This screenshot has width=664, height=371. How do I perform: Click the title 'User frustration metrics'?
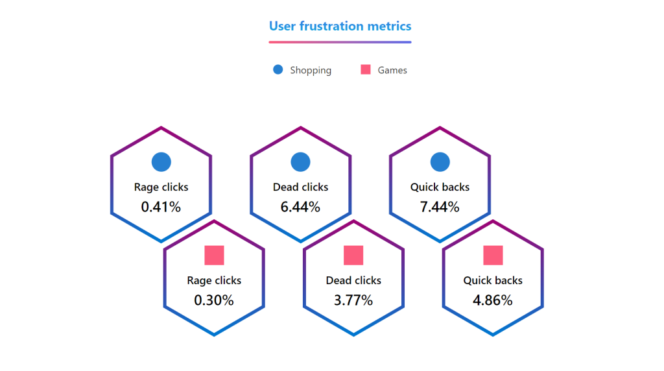click(x=340, y=26)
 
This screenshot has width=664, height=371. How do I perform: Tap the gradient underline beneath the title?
click(x=340, y=42)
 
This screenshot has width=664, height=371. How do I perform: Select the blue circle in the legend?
click(x=278, y=69)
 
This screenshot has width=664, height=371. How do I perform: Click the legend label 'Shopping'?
click(x=311, y=70)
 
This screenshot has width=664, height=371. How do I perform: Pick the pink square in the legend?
click(x=366, y=69)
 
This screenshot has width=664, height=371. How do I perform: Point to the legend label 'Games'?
click(x=392, y=70)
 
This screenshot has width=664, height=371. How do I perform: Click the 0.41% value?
click(x=161, y=207)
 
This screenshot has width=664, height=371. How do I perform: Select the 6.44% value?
click(x=300, y=207)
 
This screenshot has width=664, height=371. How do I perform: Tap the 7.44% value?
click(x=440, y=207)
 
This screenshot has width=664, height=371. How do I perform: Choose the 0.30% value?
click(x=214, y=300)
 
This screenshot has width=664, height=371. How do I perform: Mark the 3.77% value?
click(x=353, y=300)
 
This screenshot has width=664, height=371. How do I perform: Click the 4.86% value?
click(x=493, y=300)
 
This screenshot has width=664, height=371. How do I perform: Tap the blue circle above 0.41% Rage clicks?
click(x=161, y=162)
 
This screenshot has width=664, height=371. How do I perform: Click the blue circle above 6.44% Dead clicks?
click(x=301, y=162)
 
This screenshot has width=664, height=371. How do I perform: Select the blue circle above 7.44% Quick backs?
click(x=440, y=162)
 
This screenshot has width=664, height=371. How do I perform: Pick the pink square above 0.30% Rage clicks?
click(x=214, y=256)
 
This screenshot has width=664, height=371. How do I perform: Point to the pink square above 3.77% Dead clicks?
click(x=353, y=256)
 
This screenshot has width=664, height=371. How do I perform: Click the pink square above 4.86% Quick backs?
click(x=493, y=256)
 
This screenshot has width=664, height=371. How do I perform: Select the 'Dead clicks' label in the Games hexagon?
click(x=353, y=280)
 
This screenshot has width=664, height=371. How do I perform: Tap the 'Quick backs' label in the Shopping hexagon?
click(x=440, y=187)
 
